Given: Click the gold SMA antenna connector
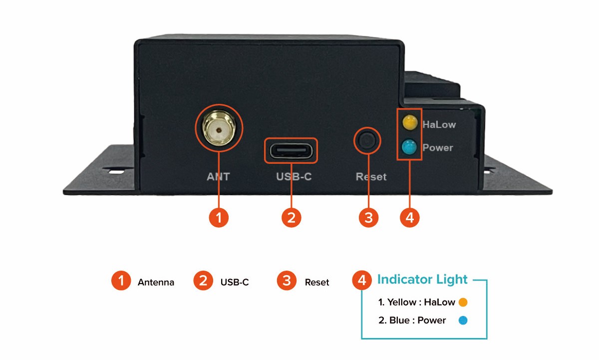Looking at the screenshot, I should coord(218,129).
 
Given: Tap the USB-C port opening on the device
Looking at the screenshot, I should coord(291,150).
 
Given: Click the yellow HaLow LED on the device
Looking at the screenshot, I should coord(410,122).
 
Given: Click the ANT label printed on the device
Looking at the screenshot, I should coord(218,176).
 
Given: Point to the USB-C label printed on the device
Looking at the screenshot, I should coord(294,176).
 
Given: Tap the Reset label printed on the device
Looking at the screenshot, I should coord(371,177).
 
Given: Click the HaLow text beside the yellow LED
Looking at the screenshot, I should coord(439,124).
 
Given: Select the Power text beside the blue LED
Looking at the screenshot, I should coord(437,148).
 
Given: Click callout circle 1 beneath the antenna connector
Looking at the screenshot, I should coord(218,218).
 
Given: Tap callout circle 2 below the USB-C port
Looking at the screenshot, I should coord(292,218).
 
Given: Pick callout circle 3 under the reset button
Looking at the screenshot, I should coord(369,218).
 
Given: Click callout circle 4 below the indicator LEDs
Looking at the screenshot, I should coord(410,218).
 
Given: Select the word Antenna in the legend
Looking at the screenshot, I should coord(156,282).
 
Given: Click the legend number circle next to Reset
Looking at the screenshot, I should coord(286,281).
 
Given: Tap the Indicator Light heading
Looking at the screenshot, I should coord(422,279).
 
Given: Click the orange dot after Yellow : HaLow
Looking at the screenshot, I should coord(463,302).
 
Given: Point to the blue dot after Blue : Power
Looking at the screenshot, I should coord(463,321).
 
